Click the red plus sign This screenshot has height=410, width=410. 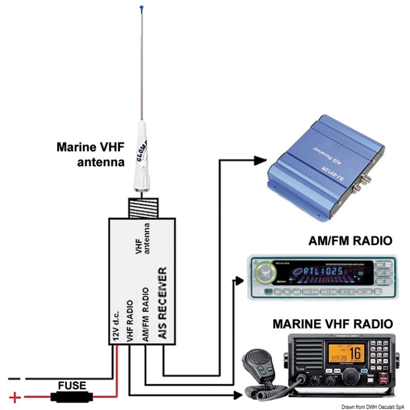pos(15,397)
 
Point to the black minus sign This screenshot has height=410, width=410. pos(16,380)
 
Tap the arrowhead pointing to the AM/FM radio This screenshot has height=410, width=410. pos(241,279)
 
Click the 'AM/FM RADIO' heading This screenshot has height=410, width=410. pos(350,241)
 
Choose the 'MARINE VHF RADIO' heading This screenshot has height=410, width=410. pos(333,324)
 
